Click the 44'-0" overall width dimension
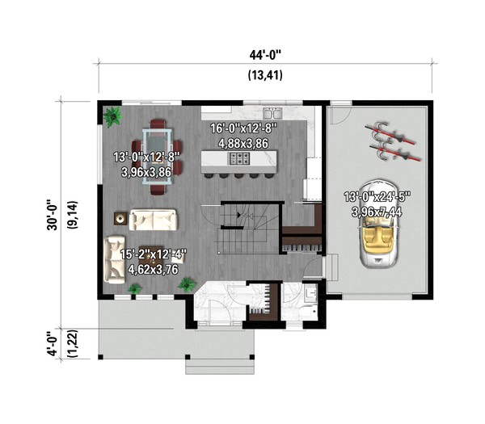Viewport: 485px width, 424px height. (265, 56)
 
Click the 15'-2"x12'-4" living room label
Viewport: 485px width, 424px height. (154, 263)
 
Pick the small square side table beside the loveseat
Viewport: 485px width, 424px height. (120, 217)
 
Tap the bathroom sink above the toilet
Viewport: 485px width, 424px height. (310, 292)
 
